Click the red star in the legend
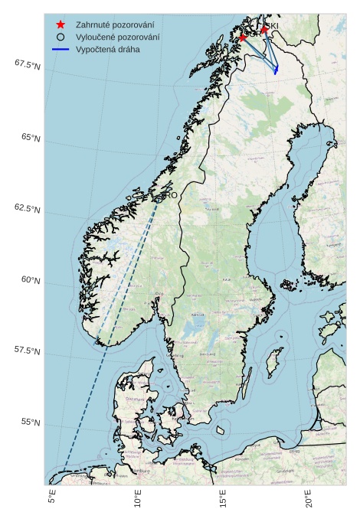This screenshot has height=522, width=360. click(61, 24)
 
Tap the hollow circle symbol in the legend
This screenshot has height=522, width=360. click(61, 37)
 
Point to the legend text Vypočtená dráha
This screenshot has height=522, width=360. click(107, 49)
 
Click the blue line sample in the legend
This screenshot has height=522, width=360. click(61, 49)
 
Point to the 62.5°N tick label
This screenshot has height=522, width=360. click(27, 209)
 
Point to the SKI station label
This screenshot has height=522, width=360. click(272, 26)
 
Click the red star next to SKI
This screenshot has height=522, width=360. click(264, 30)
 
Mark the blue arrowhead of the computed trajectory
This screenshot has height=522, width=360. click(276, 70)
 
